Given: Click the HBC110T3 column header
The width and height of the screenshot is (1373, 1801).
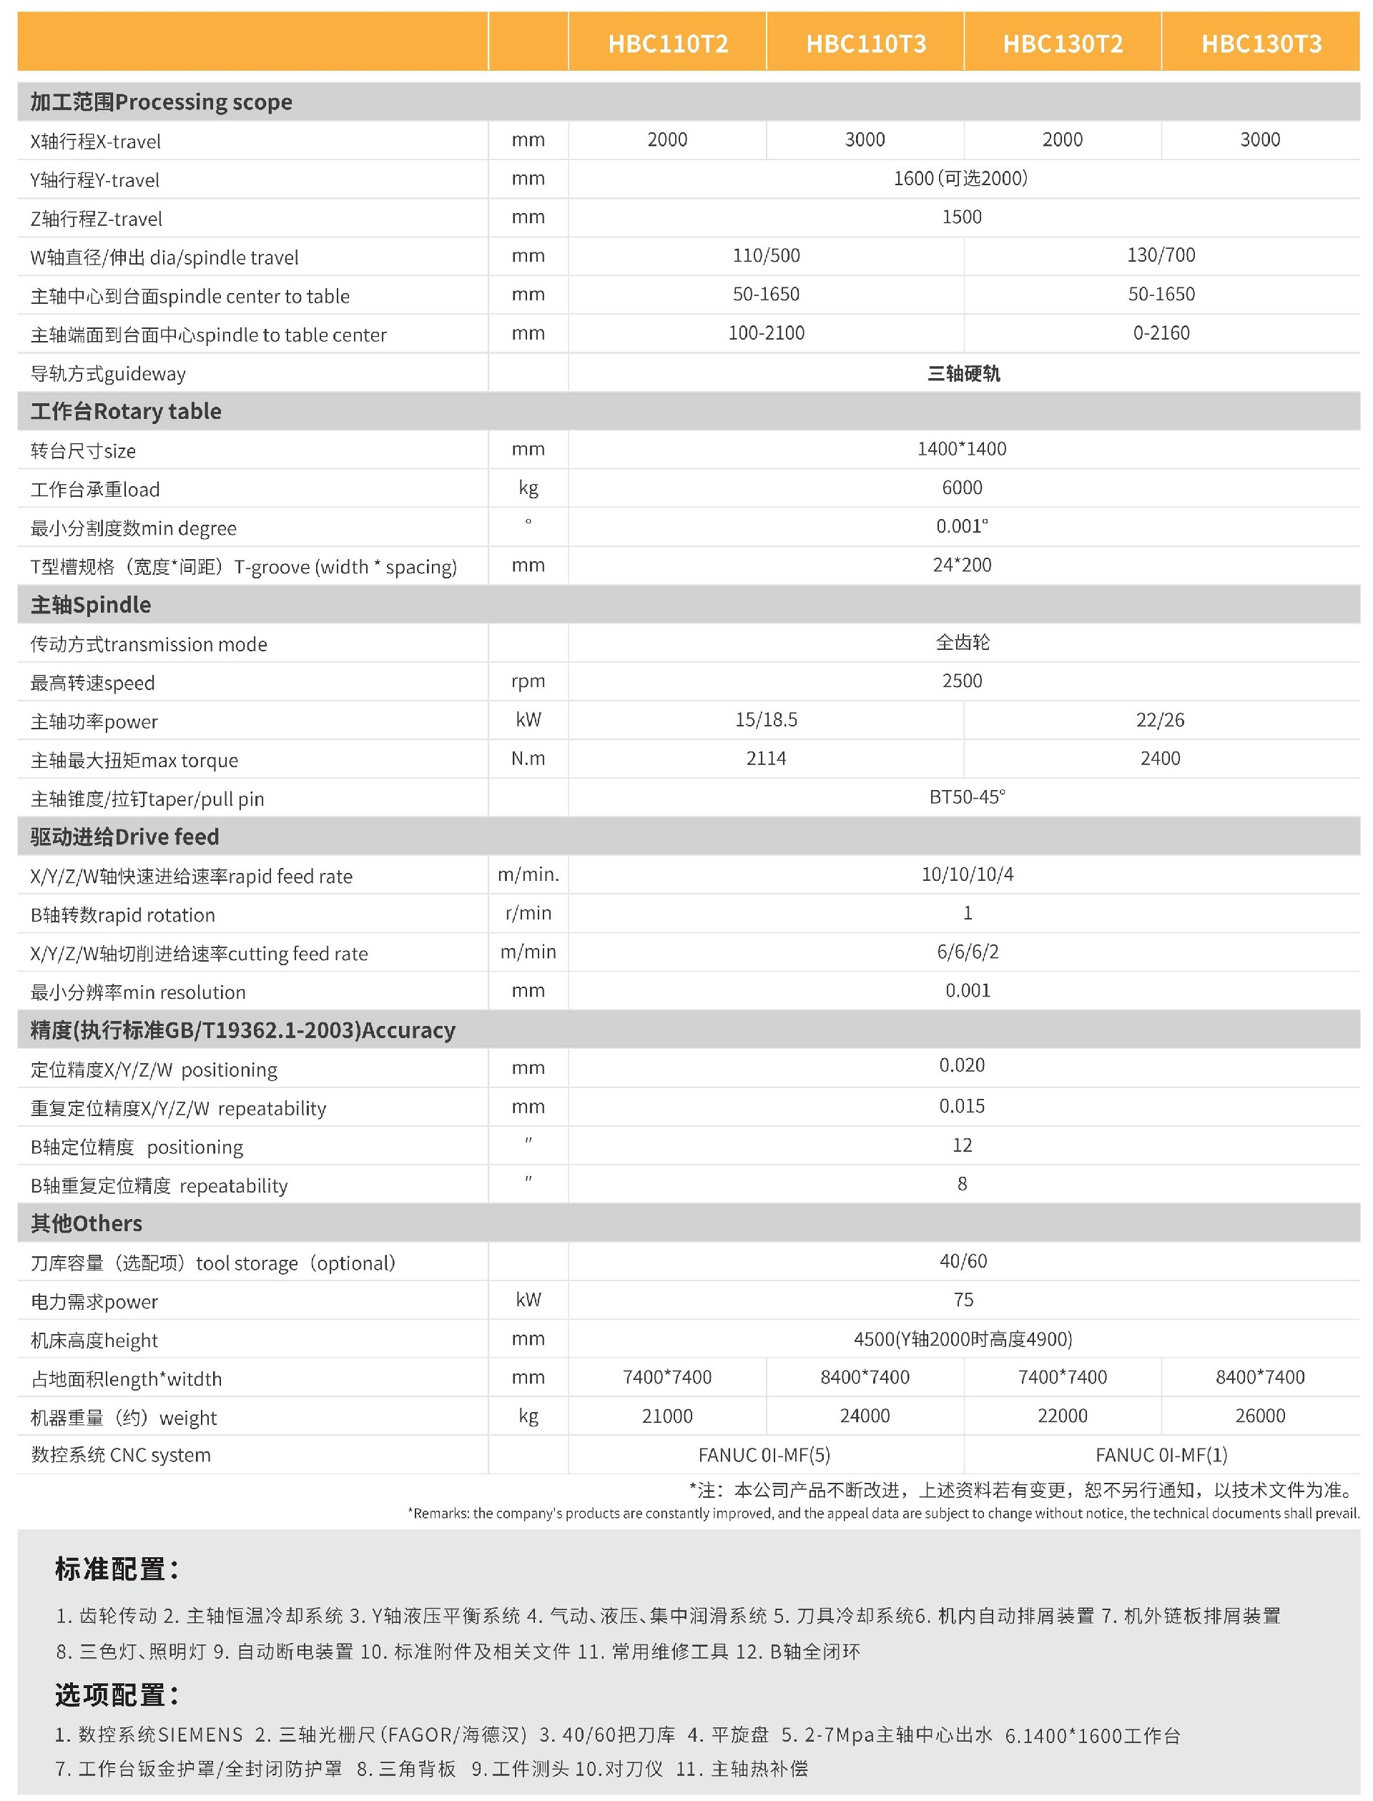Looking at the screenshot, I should point(865,44).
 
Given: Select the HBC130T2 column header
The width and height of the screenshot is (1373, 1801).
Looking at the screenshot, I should point(1063,44).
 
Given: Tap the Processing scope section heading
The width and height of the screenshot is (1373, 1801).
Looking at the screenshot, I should point(161,102).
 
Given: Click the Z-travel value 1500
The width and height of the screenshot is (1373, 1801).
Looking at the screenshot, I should point(962,217).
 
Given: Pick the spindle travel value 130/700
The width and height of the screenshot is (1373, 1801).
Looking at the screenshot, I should point(1161,256).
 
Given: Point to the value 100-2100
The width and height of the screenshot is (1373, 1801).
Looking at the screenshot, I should point(766,333).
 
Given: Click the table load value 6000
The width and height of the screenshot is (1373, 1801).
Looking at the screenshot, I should point(962,488).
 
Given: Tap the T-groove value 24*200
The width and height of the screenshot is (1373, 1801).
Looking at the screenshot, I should point(962,566).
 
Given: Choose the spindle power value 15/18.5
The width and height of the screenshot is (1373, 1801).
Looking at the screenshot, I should point(766,720).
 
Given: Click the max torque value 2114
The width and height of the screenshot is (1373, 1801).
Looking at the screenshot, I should point(766,759).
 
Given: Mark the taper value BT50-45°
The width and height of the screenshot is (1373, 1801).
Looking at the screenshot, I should point(967,797).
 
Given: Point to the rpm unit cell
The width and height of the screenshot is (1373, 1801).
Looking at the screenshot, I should point(528,681).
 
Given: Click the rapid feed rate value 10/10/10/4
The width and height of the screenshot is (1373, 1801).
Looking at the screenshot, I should point(967,875).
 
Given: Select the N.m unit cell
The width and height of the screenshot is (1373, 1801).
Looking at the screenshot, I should point(528,759).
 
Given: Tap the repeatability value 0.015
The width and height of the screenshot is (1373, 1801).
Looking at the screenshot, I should point(962,1107).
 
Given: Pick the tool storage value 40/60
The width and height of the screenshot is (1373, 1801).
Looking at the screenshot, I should point(963,1262).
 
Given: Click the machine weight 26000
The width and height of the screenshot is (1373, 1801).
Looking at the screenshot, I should point(1259,1416).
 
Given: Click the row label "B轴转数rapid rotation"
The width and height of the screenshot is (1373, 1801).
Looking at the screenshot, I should point(122,915).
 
